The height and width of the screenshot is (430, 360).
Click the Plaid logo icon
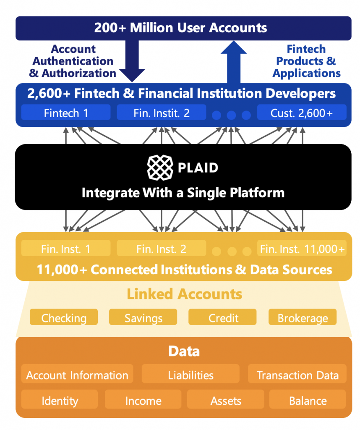[x=160, y=168]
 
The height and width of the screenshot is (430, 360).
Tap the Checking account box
[x=64, y=317]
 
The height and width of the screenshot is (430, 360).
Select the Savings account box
[x=143, y=317]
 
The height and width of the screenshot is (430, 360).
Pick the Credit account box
[x=222, y=317]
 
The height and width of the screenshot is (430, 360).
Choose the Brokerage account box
[x=303, y=317]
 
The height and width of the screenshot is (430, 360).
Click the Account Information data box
[x=77, y=374]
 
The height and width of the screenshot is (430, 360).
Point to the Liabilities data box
[x=190, y=374]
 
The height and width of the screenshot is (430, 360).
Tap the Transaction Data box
[x=297, y=374]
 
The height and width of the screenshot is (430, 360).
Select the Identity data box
[x=60, y=399]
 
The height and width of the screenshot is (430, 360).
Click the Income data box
[x=143, y=399]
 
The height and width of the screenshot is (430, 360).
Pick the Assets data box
[x=225, y=399]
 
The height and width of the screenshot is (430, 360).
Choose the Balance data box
[x=308, y=399]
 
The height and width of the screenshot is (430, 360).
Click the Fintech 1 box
[x=66, y=112]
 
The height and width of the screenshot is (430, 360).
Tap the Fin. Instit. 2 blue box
[x=162, y=112]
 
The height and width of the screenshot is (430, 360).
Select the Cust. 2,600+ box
[x=302, y=112]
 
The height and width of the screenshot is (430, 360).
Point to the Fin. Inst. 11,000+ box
[x=302, y=248]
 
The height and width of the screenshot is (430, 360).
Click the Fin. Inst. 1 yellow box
[x=66, y=248]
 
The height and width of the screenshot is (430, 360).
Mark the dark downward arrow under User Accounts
[x=132, y=61]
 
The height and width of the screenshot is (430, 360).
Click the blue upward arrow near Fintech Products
[x=234, y=62]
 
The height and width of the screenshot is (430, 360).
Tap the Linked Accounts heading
[x=184, y=294]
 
